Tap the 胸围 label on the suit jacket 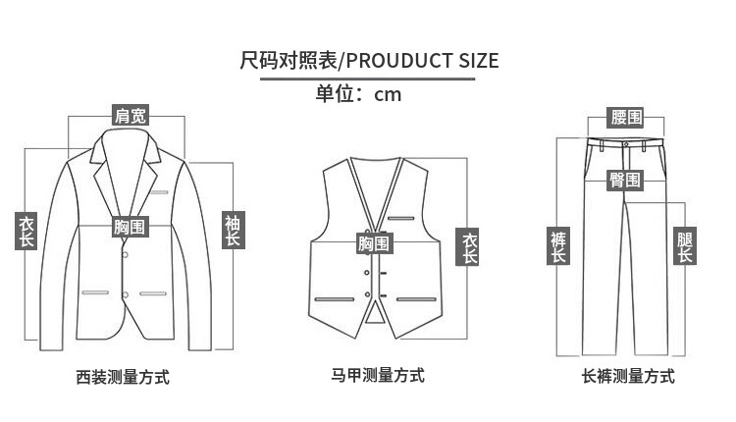click(x=130, y=227)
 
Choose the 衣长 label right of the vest click(x=470, y=247)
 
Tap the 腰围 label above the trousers click(x=625, y=118)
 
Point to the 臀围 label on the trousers click(x=624, y=180)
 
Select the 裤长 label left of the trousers click(x=558, y=246)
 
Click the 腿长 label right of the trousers click(x=685, y=246)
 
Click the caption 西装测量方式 click(x=123, y=377)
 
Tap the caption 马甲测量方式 click(x=378, y=375)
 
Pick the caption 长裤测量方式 click(x=628, y=376)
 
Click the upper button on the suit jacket click(x=125, y=255)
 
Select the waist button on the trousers click(x=625, y=143)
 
